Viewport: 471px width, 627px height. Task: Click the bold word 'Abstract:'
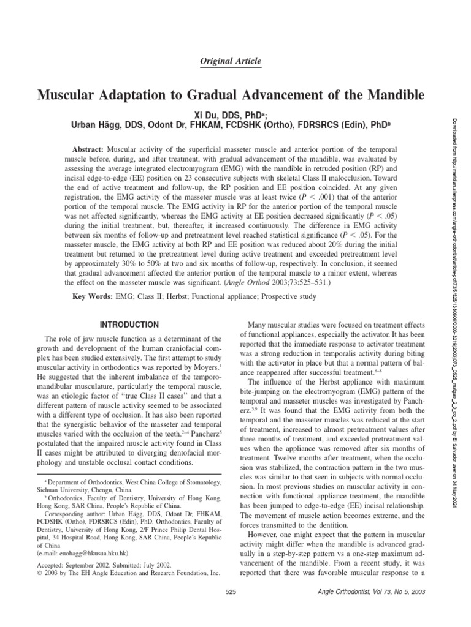(88, 149)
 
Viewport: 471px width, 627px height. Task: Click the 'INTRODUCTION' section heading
(129, 324)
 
